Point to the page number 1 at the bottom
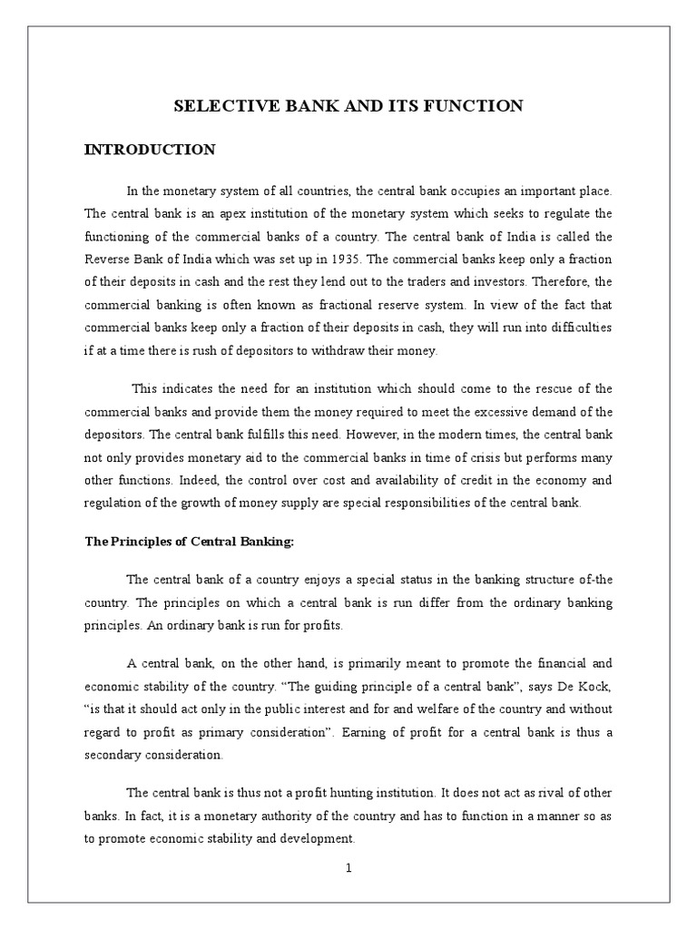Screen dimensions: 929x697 click(x=348, y=867)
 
